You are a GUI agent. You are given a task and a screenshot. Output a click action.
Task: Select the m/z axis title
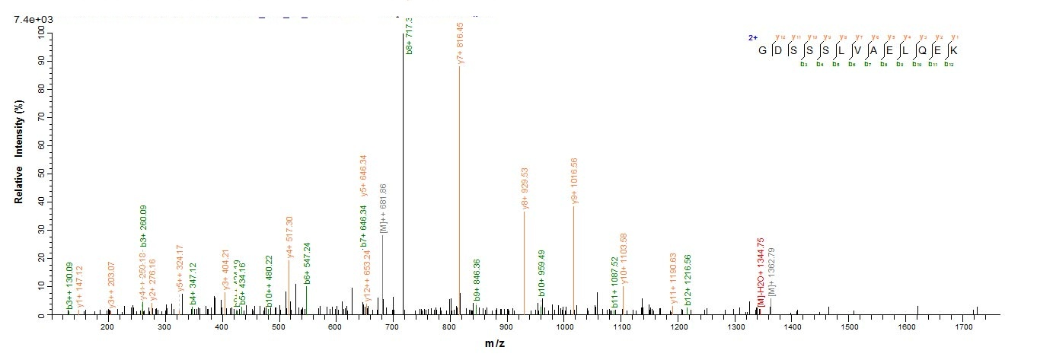click(494, 344)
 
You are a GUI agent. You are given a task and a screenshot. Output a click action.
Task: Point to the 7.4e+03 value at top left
click(30, 19)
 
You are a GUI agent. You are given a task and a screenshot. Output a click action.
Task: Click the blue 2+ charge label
click(752, 37)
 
